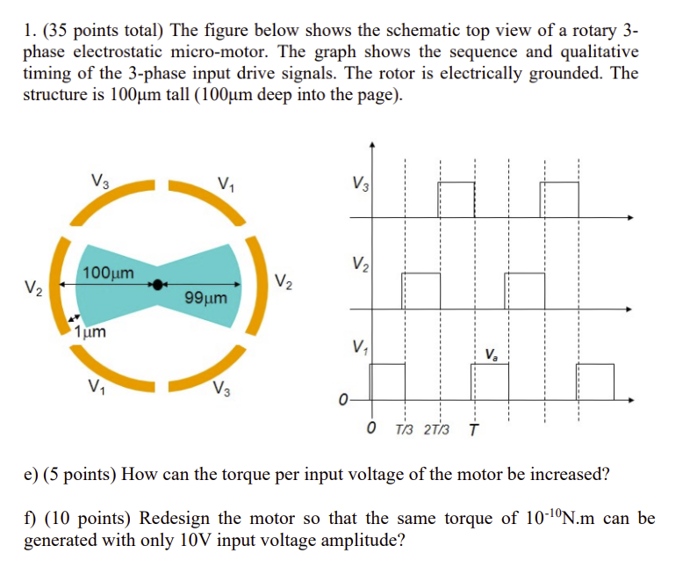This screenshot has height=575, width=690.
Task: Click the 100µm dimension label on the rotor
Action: click(x=109, y=273)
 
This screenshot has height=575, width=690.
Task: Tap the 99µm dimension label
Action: click(x=206, y=298)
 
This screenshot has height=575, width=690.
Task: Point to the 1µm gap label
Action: click(x=90, y=332)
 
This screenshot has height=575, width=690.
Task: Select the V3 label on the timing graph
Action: click(x=360, y=186)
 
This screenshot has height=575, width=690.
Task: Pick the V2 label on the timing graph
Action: click(x=359, y=263)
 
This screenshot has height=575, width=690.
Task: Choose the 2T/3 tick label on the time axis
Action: click(x=436, y=430)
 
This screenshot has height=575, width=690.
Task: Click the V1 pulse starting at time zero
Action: click(x=387, y=381)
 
